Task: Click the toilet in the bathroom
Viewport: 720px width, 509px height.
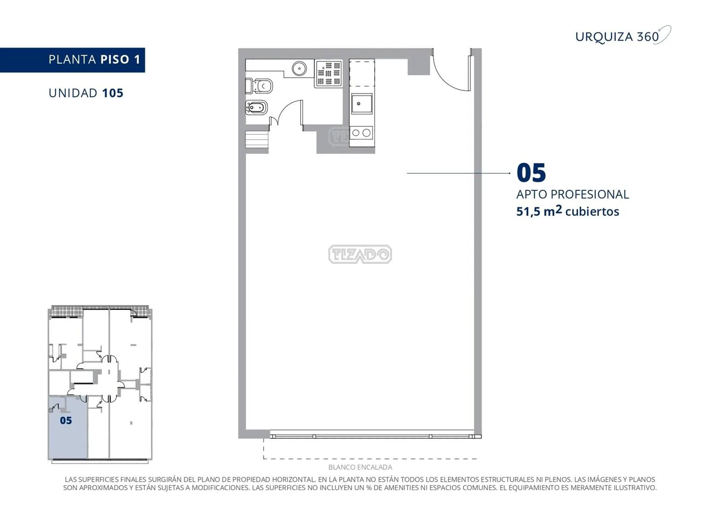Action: [259, 86]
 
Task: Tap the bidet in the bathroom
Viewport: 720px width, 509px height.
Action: [256, 107]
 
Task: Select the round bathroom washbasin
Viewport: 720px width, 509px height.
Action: [299, 68]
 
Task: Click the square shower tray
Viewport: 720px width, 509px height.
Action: [328, 74]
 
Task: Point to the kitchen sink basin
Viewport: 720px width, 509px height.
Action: [361, 103]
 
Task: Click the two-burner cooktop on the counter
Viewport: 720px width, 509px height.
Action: [361, 132]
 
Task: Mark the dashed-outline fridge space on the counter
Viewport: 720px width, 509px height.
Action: [362, 73]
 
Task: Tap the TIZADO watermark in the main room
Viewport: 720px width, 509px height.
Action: [360, 254]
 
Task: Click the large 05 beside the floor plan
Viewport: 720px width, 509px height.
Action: [531, 173]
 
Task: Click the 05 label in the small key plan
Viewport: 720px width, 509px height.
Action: [66, 420]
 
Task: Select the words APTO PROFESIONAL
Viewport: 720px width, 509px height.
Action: [572, 195]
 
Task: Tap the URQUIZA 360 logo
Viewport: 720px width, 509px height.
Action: [623, 36]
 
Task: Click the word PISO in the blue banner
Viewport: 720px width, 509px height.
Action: [115, 59]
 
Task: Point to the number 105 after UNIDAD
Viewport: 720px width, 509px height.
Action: [112, 93]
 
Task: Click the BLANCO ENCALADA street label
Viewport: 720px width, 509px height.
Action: [360, 467]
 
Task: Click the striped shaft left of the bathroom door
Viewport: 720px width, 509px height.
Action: [257, 140]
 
